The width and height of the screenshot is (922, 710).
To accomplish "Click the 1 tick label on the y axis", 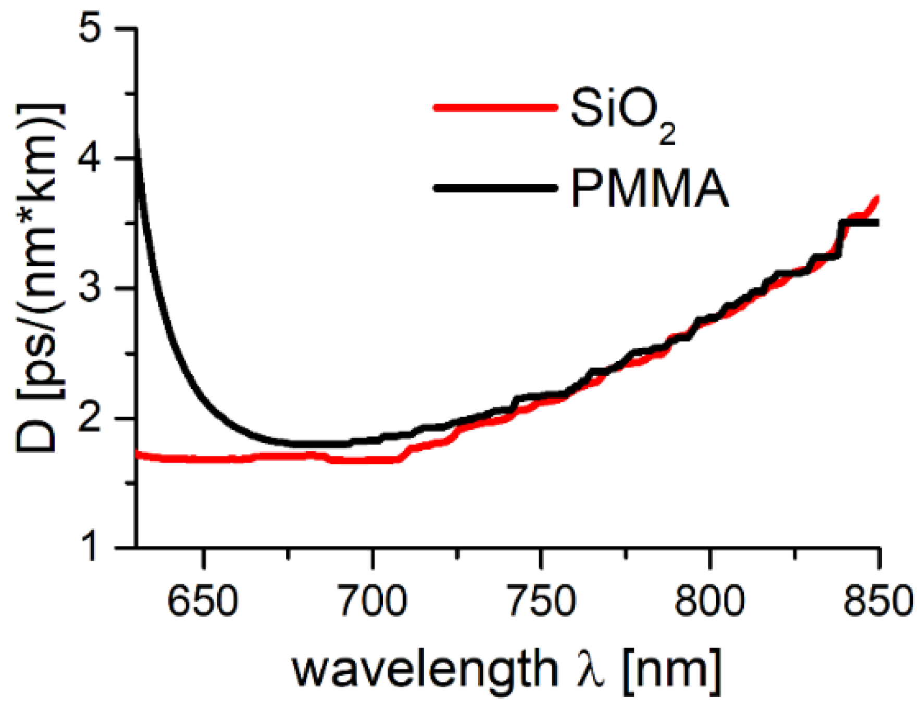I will pyautogui.click(x=91, y=547).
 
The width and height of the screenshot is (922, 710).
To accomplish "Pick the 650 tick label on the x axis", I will pyautogui.click(x=203, y=601).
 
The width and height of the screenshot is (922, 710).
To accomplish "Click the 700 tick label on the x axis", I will pyautogui.click(x=372, y=601).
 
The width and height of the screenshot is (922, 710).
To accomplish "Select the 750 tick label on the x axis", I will pyautogui.click(x=542, y=601).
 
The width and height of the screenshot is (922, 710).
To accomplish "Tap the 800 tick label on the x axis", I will pyautogui.click(x=709, y=601).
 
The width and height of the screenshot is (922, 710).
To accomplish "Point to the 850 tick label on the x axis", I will pyautogui.click(x=878, y=601).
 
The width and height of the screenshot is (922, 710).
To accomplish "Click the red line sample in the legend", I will pyautogui.click(x=495, y=108).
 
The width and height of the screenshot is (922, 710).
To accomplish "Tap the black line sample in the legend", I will pyautogui.click(x=495, y=187).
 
